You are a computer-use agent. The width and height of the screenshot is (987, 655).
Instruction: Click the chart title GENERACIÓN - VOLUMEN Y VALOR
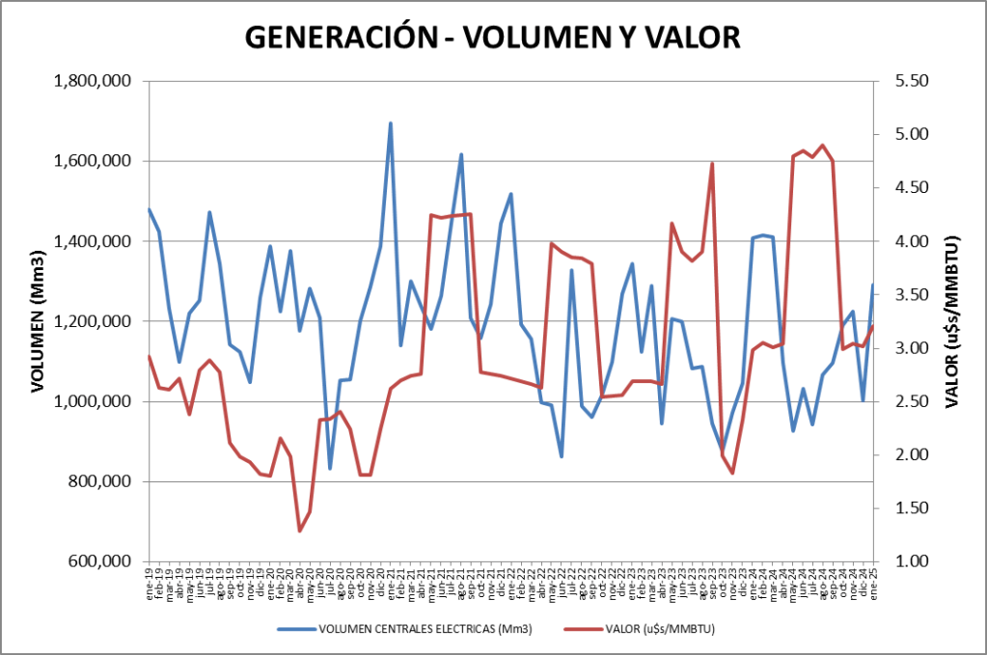click(x=492, y=37)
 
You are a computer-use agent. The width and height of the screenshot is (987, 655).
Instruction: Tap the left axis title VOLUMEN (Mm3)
click(x=38, y=320)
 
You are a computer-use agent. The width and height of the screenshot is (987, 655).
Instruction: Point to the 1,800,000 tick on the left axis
click(x=95, y=81)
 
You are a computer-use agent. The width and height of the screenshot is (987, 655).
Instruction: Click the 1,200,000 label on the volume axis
click(x=95, y=321)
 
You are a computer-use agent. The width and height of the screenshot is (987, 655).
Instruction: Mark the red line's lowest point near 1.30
click(x=300, y=531)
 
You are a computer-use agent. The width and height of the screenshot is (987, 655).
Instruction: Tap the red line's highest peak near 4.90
click(x=822, y=146)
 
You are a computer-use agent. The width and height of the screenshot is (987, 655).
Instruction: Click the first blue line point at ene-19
click(x=149, y=209)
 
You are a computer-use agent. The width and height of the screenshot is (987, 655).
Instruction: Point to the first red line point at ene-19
click(x=149, y=356)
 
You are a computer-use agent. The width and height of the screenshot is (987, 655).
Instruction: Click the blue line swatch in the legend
click(x=297, y=629)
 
